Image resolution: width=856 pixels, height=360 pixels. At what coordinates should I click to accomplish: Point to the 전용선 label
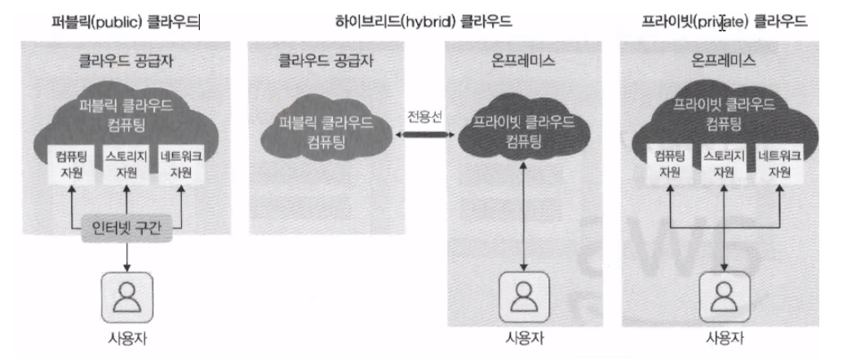click(424, 115)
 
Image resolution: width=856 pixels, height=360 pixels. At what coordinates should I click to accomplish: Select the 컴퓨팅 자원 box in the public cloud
click(73, 162)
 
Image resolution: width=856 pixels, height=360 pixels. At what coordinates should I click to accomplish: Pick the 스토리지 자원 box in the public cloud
click(127, 162)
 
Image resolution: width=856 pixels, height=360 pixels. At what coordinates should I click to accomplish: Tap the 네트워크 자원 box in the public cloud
click(182, 162)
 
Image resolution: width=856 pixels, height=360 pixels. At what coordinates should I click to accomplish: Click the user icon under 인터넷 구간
click(126, 297)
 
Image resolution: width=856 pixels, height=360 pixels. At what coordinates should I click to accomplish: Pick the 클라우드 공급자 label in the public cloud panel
click(127, 61)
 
